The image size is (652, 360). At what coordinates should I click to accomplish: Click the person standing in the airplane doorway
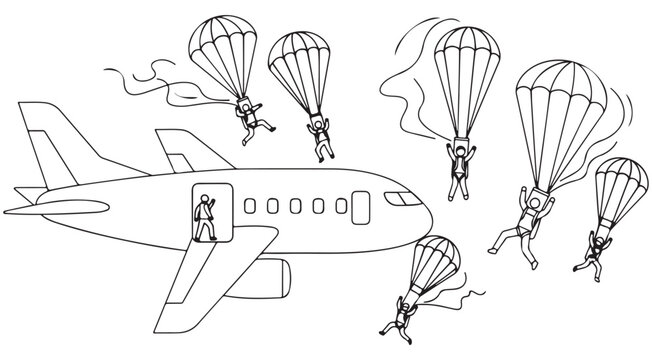click(x=205, y=216)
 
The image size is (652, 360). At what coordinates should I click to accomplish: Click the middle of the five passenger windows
click(x=295, y=206)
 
